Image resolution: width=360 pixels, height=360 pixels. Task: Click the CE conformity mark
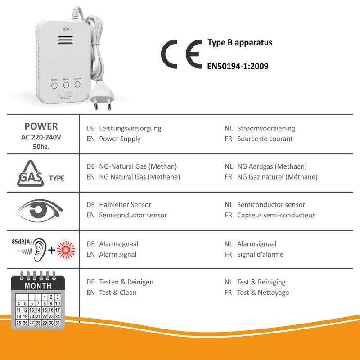(x=181, y=54)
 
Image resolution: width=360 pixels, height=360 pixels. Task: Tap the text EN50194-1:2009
(x=238, y=66)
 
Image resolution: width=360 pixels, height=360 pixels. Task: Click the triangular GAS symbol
(x=31, y=174)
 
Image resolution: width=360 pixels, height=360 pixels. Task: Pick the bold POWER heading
(x=41, y=126)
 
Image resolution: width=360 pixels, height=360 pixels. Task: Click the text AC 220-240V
(x=41, y=138)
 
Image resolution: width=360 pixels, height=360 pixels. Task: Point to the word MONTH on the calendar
(x=38, y=286)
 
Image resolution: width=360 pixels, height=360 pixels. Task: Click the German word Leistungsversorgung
(x=130, y=128)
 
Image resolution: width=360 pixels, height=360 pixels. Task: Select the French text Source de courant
(x=265, y=139)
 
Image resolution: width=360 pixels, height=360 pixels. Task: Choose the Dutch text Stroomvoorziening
(x=266, y=128)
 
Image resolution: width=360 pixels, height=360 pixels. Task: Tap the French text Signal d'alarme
(x=260, y=254)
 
